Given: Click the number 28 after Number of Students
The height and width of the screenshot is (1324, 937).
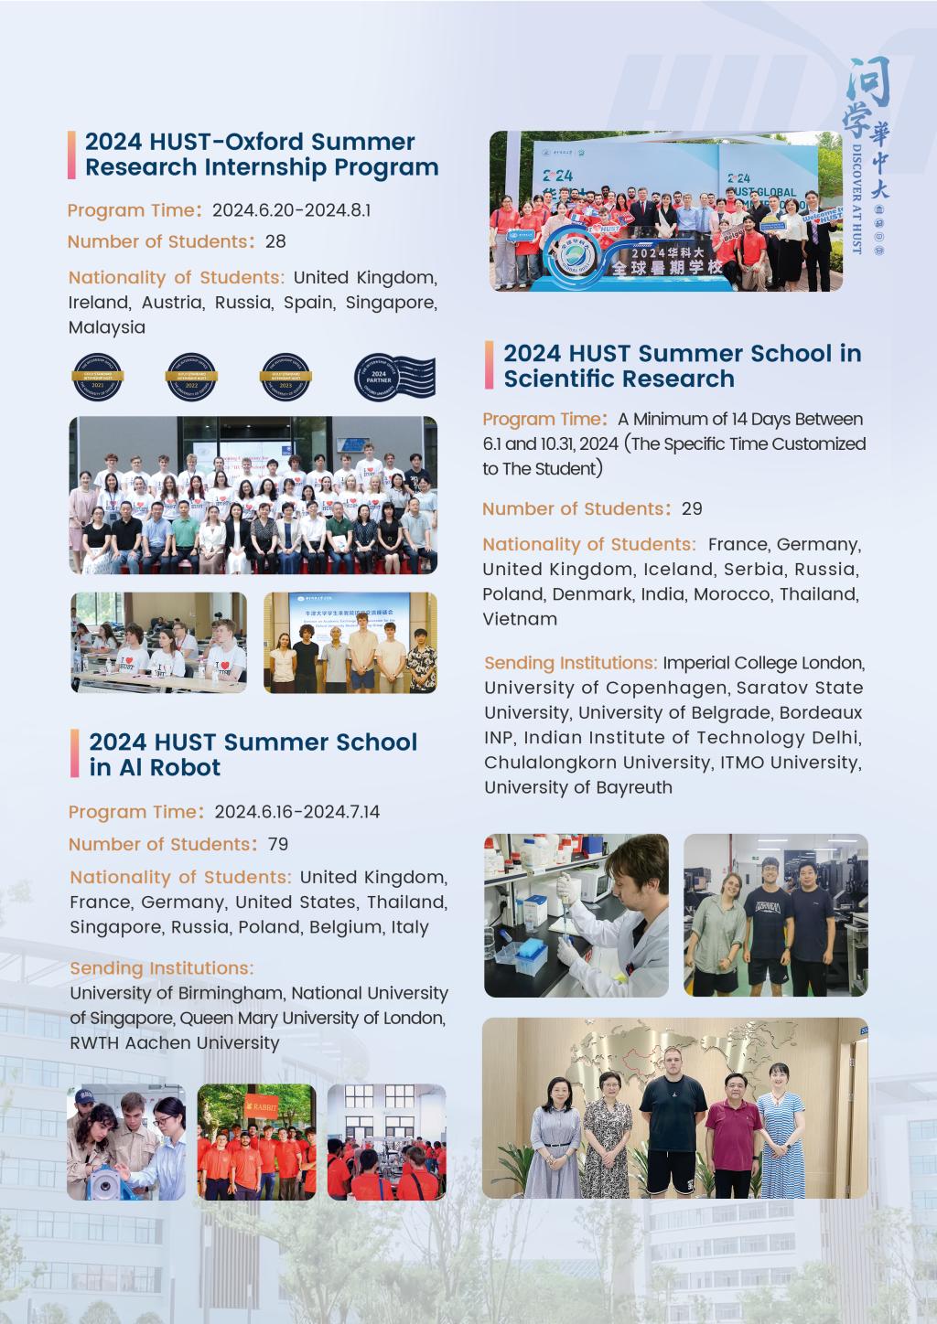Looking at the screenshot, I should [275, 241].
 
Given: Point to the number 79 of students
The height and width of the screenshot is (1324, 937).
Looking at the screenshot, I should [277, 844].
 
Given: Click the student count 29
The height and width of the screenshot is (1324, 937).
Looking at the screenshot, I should [692, 508].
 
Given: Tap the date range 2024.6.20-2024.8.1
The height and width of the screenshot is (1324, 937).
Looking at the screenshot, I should [291, 210].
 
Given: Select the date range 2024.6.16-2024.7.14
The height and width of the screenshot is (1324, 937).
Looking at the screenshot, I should [296, 812].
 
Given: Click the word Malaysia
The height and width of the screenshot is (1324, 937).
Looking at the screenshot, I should [107, 327].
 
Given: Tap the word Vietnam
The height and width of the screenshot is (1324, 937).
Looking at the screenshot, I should [520, 619].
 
